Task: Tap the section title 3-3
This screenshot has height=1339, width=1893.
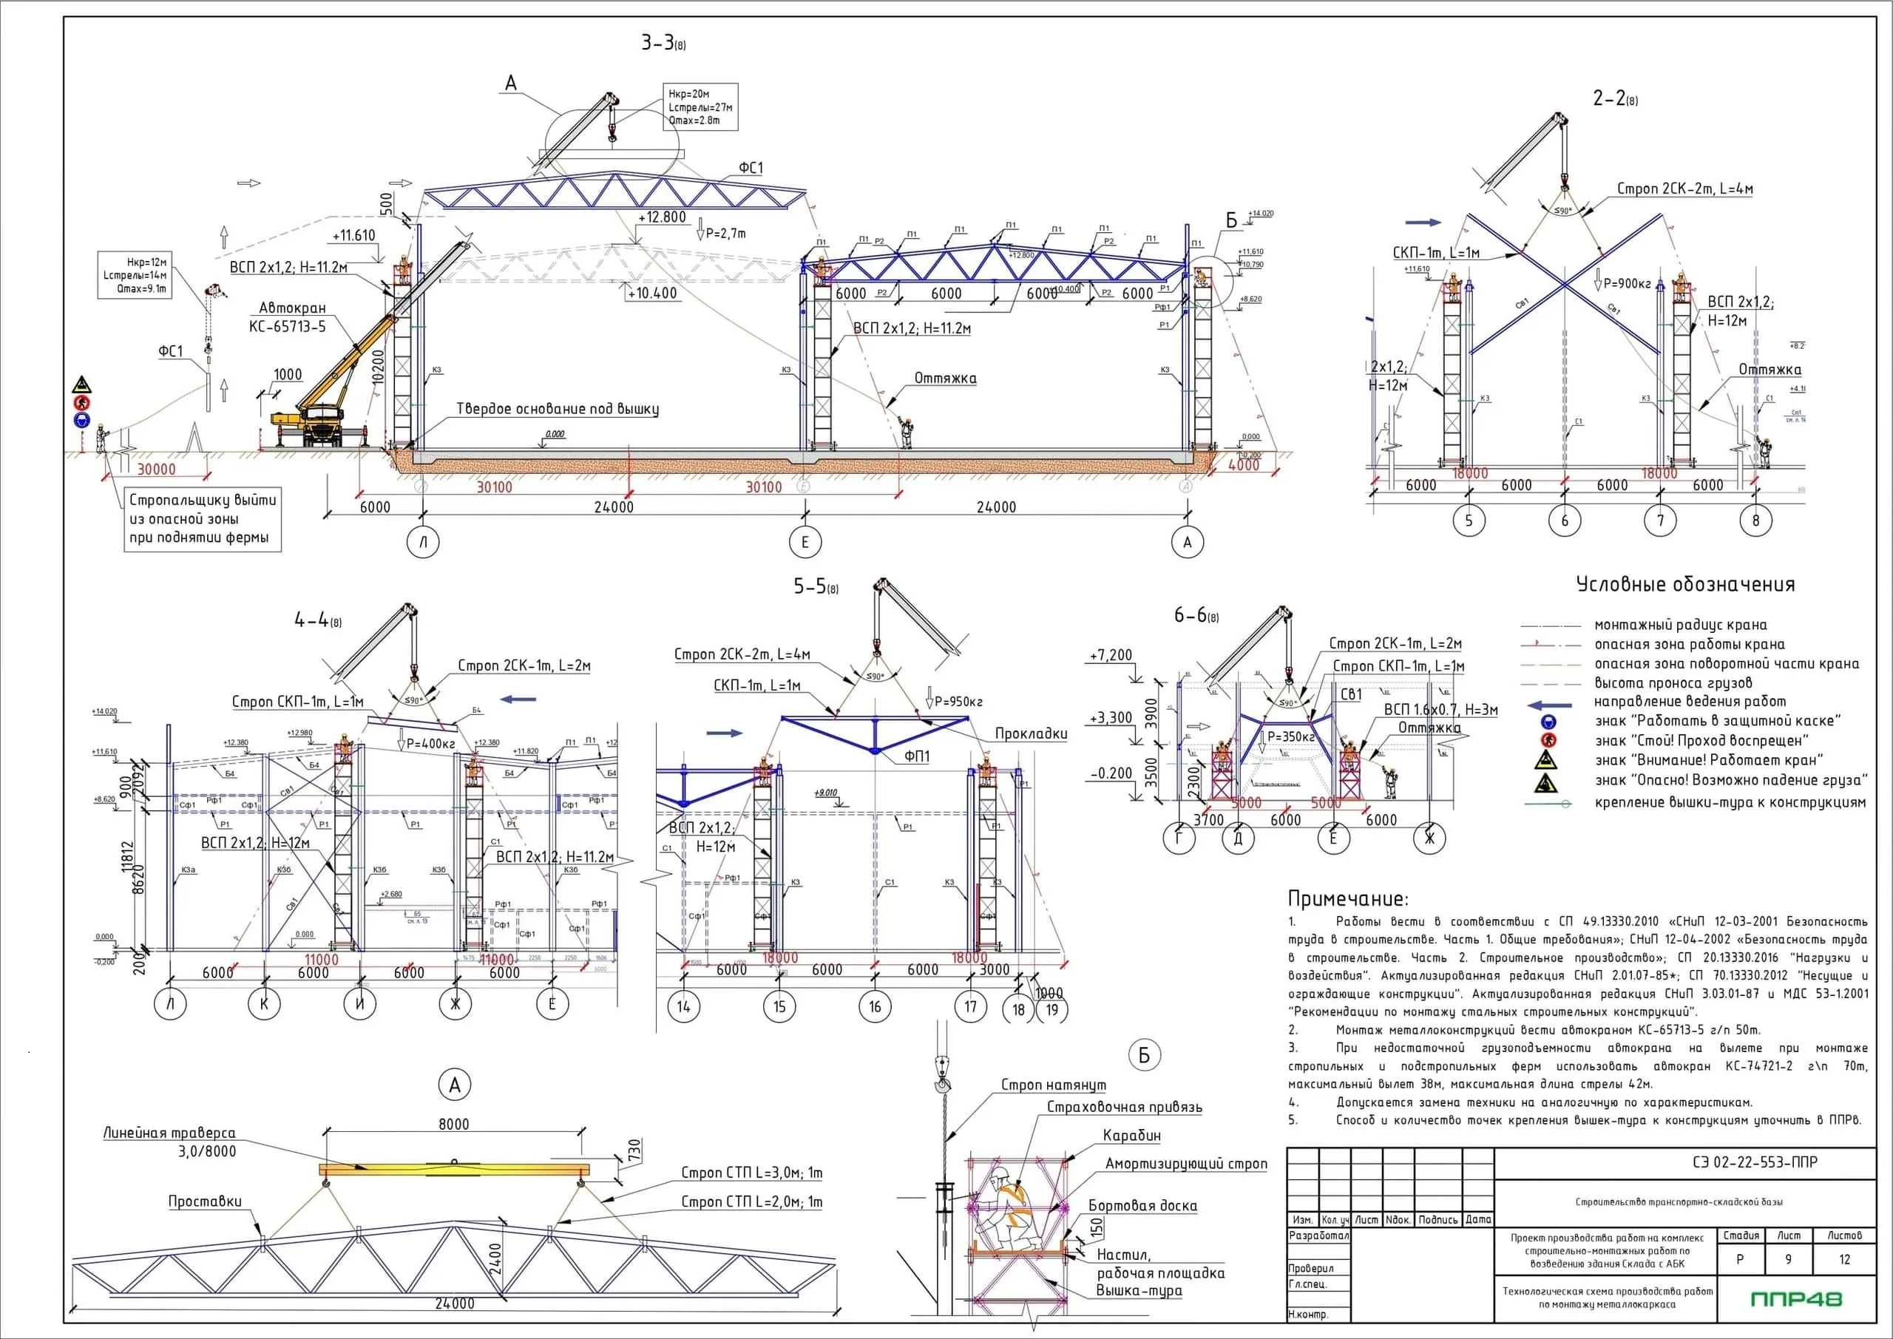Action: pyautogui.click(x=662, y=43)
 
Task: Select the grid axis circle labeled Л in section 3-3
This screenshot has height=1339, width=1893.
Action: pyautogui.click(x=424, y=542)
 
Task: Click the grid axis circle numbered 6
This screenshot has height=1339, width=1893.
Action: pyautogui.click(x=1564, y=521)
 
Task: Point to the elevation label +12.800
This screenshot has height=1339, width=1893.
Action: pyautogui.click(x=662, y=217)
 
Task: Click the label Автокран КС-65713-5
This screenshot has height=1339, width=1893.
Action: pyautogui.click(x=288, y=317)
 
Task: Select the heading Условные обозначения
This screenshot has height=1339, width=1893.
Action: pyautogui.click(x=1685, y=585)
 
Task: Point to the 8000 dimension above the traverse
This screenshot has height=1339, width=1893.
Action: pyautogui.click(x=453, y=1124)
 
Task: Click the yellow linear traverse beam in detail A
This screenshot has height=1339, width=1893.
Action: pyautogui.click(x=454, y=1169)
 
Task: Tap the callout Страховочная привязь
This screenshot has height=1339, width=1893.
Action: pyautogui.click(x=1124, y=1108)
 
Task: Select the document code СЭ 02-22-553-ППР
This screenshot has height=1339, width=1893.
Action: pyautogui.click(x=1754, y=1162)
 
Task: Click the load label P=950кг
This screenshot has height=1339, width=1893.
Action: pyautogui.click(x=959, y=702)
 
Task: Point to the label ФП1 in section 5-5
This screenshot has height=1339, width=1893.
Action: pyautogui.click(x=917, y=756)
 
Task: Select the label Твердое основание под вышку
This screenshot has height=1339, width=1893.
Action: pyautogui.click(x=558, y=409)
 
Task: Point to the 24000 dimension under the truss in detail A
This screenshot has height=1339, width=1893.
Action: pyautogui.click(x=454, y=1304)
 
